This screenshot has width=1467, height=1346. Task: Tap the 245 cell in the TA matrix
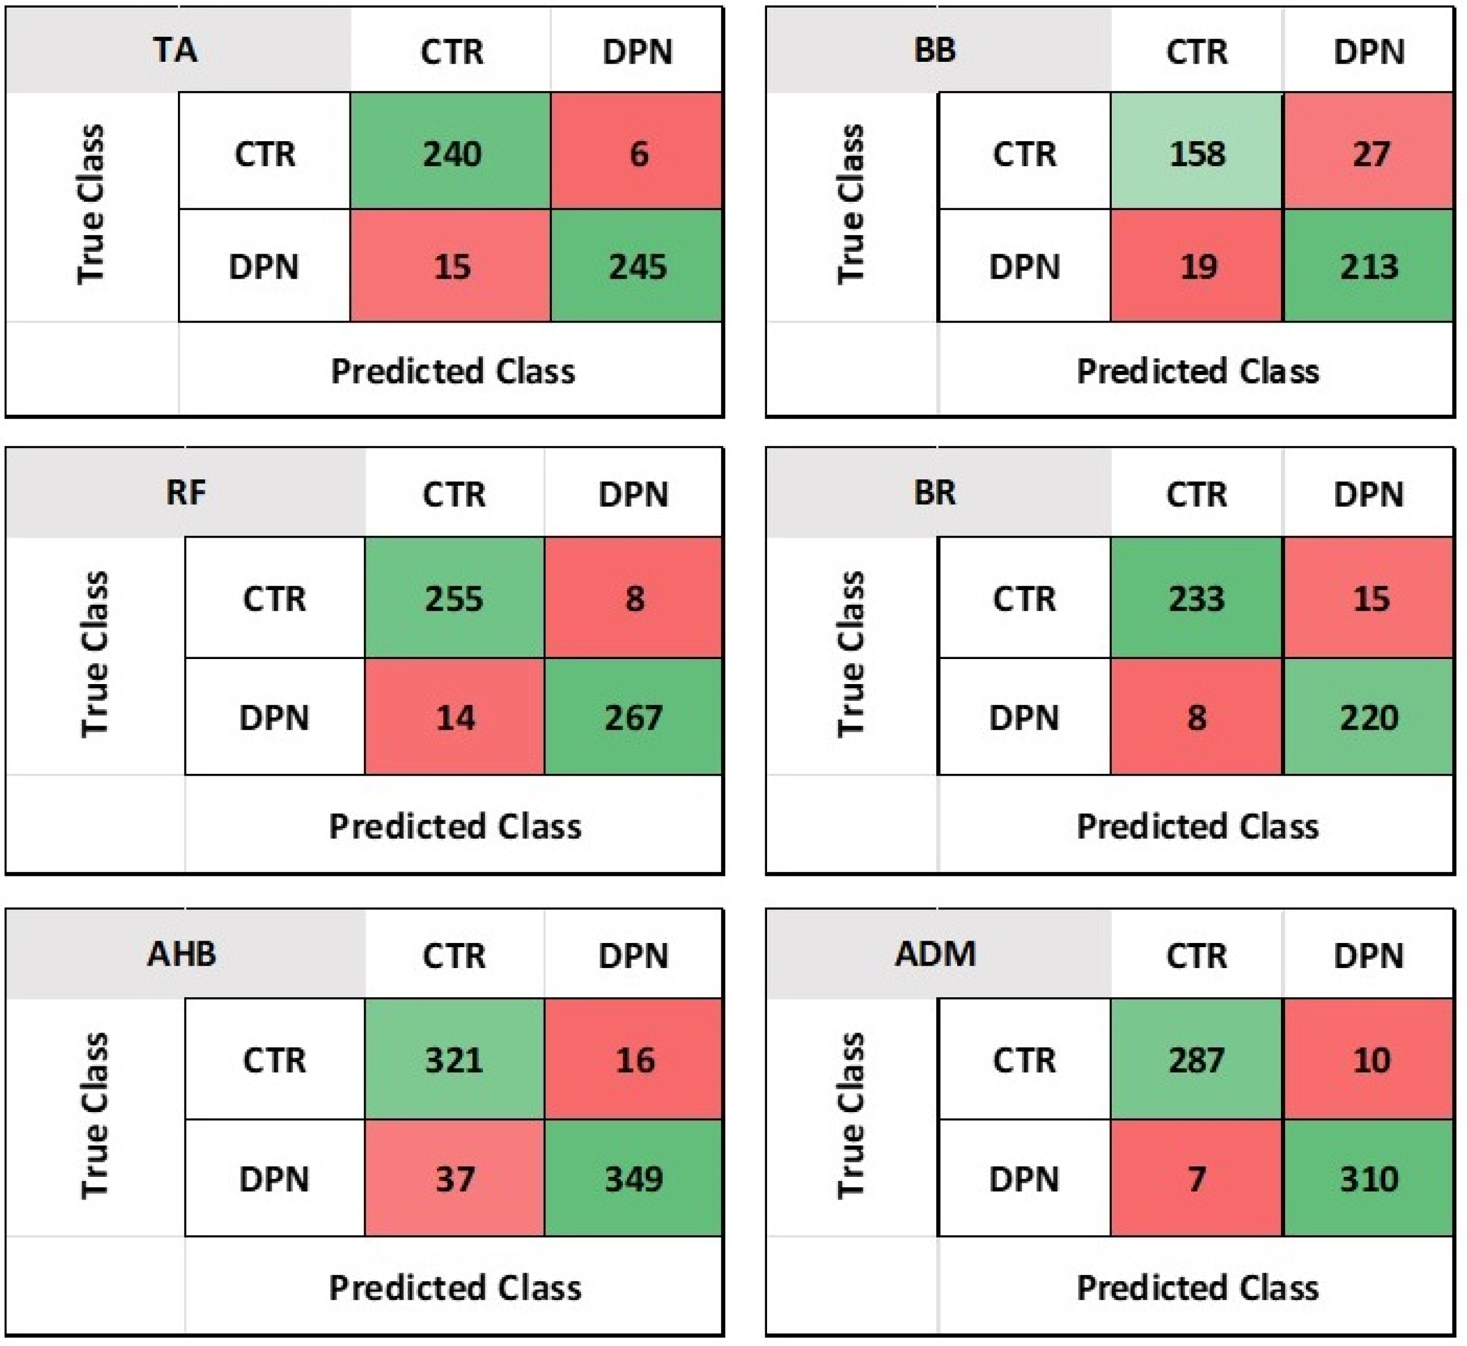coord(638,266)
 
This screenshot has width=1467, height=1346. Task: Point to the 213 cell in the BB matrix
coord(1370,266)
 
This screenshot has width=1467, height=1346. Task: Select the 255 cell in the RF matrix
coord(454,598)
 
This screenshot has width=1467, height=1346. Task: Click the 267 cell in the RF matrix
coord(633,717)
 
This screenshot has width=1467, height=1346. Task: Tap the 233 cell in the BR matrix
coord(1197,598)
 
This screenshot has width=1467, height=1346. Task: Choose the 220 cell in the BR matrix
coord(1370,717)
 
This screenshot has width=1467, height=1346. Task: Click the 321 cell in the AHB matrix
coord(454,1059)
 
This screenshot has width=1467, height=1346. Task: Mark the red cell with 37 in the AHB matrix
coord(454,1179)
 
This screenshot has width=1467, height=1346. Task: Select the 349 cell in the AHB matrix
coord(633,1179)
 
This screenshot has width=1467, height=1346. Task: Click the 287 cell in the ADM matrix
coord(1197,1059)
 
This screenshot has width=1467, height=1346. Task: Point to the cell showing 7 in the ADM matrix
coord(1197,1179)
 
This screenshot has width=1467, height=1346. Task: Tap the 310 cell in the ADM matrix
coord(1370,1179)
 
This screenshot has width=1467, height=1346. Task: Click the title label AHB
coord(182,954)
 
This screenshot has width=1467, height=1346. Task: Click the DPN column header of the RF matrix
coord(633,494)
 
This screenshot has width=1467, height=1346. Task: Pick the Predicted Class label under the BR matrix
coord(1198,826)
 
